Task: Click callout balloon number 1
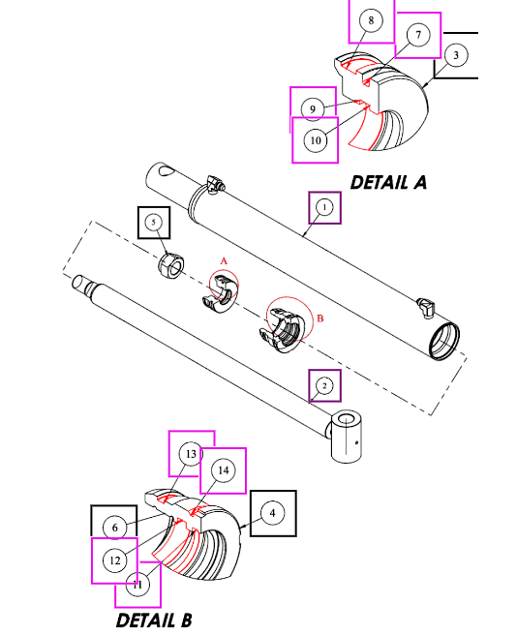pos(324,207)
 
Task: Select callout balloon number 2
pos(324,386)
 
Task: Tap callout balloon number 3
pos(456,55)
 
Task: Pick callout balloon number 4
pos(274,513)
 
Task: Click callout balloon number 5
pos(153,223)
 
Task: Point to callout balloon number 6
pos(115,527)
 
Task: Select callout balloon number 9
pos(313,108)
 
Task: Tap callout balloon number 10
pos(315,140)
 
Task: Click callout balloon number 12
pos(115,560)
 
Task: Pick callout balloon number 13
pos(192,454)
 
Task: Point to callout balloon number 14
pos(223,470)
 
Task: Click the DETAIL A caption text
pos(387,181)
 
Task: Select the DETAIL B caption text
pos(154,620)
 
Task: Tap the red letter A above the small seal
pos(223,261)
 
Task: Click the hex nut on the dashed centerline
pos(169,263)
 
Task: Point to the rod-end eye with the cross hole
pos(349,437)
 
